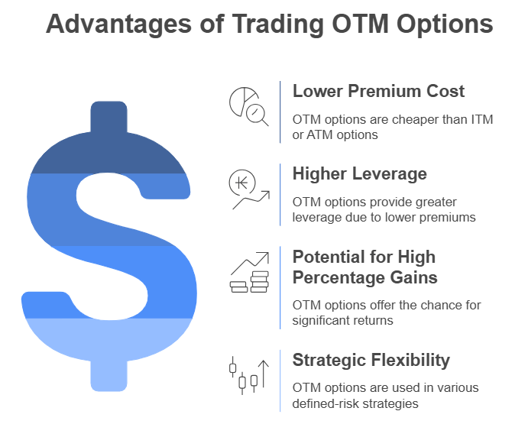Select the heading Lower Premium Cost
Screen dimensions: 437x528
coord(378,91)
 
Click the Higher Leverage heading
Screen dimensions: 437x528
coord(359,173)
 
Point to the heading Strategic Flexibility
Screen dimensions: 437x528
coord(371,360)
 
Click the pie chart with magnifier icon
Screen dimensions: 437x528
coord(249,107)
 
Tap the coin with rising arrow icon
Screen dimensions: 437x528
coord(249,189)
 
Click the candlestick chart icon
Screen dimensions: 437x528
coord(249,374)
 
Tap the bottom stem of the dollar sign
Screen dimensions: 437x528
coord(109,374)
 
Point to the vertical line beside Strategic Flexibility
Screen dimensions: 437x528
coord(280,380)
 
